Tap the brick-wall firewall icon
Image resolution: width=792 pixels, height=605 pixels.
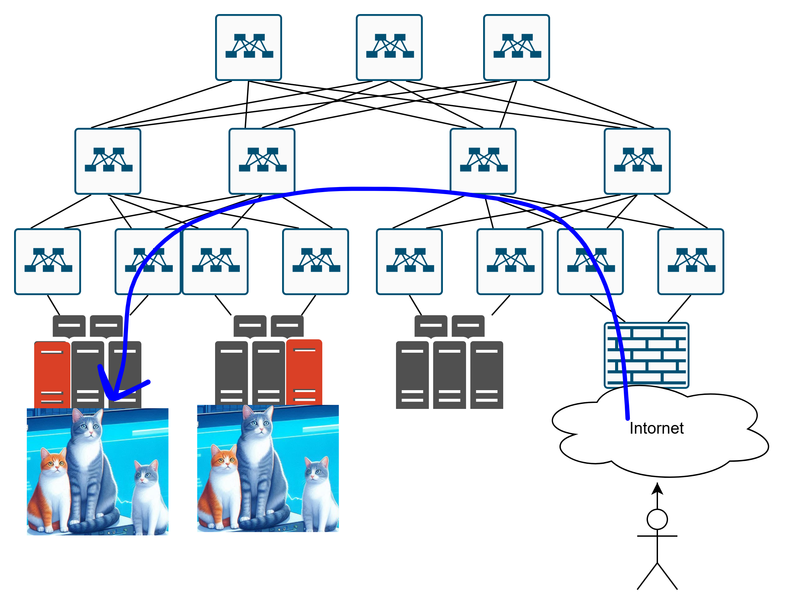pos(646,355)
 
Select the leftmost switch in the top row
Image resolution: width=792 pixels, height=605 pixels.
pos(248,47)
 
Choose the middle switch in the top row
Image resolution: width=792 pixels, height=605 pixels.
pos(389,47)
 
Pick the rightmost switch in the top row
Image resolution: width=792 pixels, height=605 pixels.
pos(516,47)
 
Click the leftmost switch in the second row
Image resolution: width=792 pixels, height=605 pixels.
pos(108,161)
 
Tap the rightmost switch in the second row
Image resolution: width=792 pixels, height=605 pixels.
pos(637,161)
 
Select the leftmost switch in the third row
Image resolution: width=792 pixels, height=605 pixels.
pos(48,261)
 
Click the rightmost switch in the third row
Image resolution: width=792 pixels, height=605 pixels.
pos(690,261)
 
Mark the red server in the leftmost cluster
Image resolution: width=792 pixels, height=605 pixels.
pos(52,374)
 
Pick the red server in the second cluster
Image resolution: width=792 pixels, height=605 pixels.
pos(304,373)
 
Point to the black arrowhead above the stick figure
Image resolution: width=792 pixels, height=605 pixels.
pos(657,489)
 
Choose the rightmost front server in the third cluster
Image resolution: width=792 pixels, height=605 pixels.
pos(486,374)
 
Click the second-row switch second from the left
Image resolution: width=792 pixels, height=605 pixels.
pos(262,161)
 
